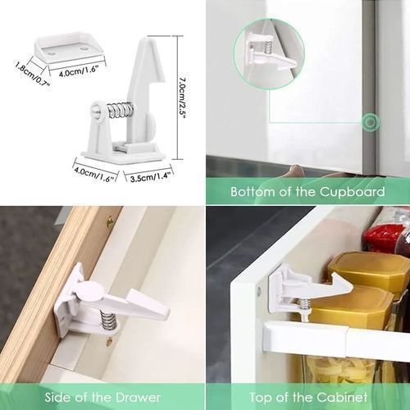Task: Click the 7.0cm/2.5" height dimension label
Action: click(183, 98)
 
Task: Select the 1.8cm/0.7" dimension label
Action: click(33, 74)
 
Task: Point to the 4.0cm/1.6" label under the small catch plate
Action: click(79, 71)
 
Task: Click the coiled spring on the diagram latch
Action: click(121, 110)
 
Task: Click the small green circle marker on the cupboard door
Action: click(371, 122)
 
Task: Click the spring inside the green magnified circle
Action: click(267, 48)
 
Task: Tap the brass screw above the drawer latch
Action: click(110, 220)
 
